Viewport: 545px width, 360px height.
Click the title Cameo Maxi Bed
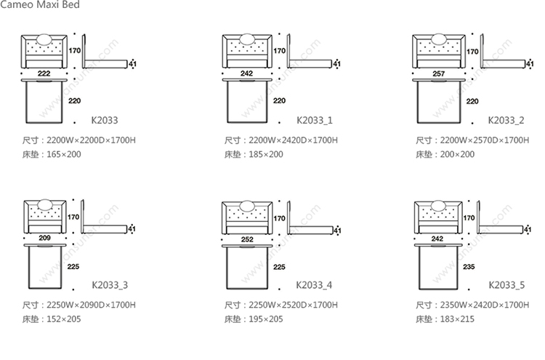tap(40, 5)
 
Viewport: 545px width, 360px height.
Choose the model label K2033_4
tap(314, 284)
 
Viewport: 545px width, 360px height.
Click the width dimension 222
tap(44, 74)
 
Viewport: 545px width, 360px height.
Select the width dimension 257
tap(438, 74)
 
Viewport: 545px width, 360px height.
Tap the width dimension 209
tap(44, 238)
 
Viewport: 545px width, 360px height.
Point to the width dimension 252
tap(247, 238)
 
